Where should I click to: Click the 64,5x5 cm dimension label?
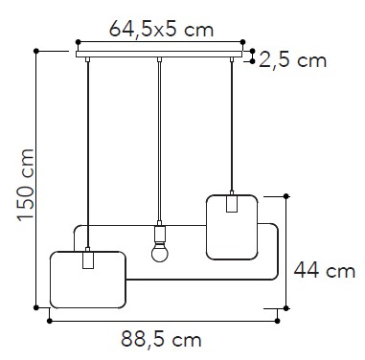(x=161, y=30)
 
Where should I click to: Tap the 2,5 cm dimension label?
(x=292, y=60)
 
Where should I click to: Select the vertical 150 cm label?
(x=26, y=185)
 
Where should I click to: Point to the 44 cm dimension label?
(x=325, y=271)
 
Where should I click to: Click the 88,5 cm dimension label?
(x=161, y=339)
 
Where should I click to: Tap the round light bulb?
(x=160, y=254)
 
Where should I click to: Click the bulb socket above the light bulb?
(x=160, y=235)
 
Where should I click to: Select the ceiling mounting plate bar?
(x=159, y=54)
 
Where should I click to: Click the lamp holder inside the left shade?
(x=88, y=259)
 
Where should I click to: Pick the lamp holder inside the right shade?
(x=232, y=204)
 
